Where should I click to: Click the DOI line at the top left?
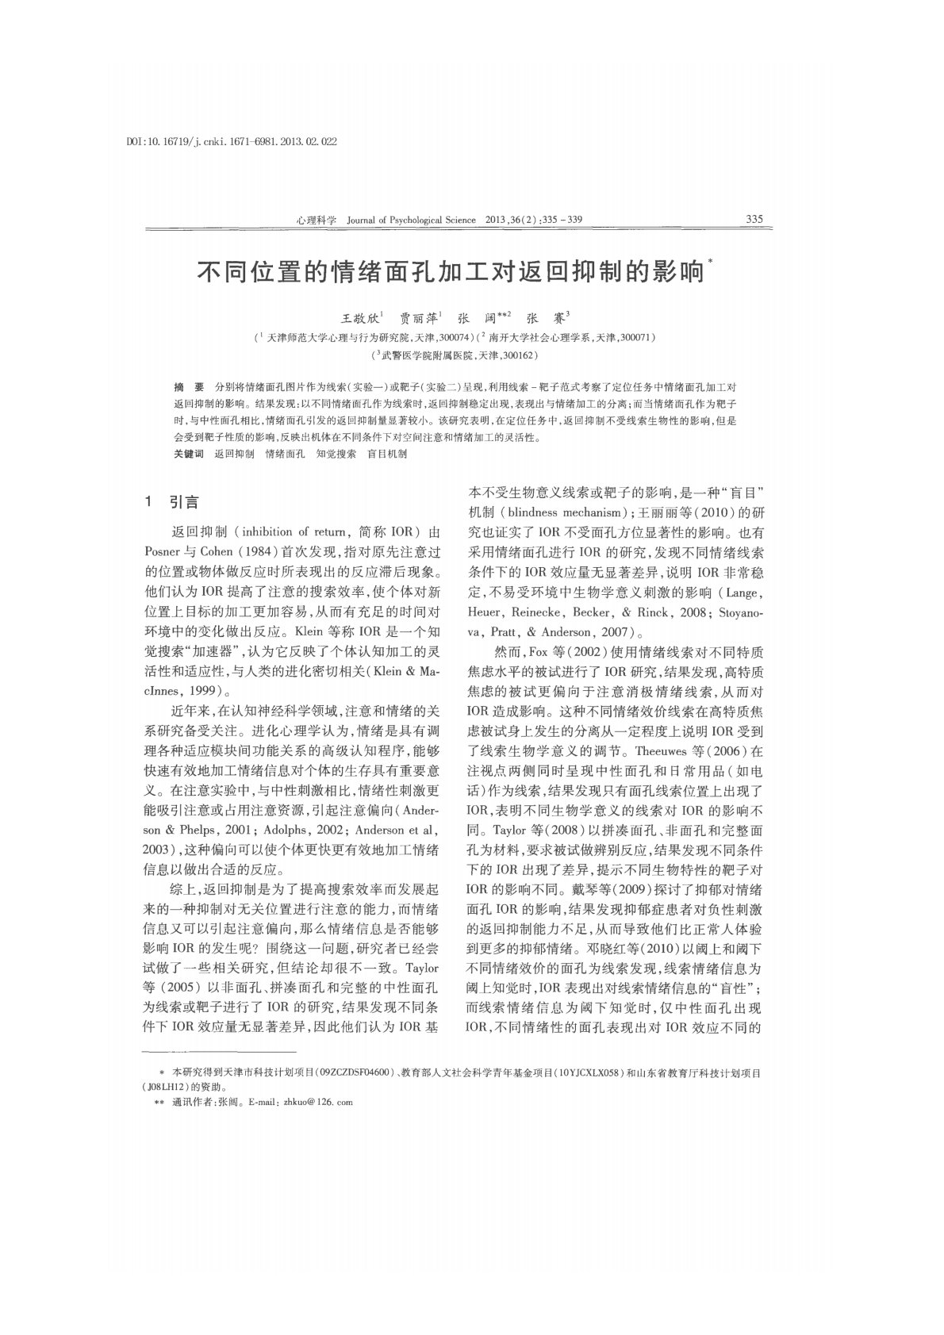pos(232,141)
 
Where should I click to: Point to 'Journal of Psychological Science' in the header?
pos(412,220)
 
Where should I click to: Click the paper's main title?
pos(451,274)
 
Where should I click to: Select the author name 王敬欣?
pos(359,318)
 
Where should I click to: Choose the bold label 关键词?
pos(189,454)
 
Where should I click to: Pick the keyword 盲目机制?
pos(386,454)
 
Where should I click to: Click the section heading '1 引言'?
pos(172,503)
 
